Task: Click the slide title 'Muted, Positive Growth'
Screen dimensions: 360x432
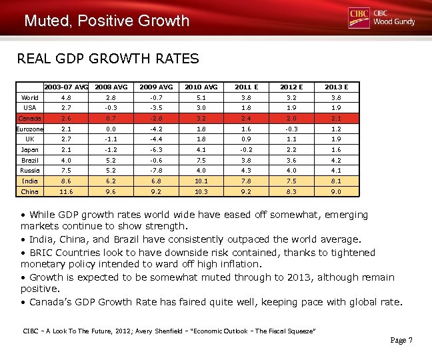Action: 107,21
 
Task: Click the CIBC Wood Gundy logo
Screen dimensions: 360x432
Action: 381,18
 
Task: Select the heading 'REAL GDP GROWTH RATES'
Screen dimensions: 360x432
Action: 107,59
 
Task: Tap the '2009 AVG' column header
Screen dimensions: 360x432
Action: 155,87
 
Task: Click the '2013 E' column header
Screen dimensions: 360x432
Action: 337,87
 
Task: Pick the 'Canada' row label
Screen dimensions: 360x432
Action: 29,119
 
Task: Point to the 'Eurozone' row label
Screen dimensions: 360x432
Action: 29,129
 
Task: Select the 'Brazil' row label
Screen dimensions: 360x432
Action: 29,161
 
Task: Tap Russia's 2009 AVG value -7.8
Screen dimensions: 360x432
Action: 155,171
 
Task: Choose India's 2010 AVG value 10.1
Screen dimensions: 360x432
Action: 201,181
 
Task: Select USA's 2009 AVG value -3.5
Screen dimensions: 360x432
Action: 155,108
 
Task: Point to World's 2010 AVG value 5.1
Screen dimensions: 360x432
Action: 201,98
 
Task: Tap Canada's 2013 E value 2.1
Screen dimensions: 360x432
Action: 337,119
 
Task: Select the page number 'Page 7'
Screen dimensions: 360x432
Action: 401,341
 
